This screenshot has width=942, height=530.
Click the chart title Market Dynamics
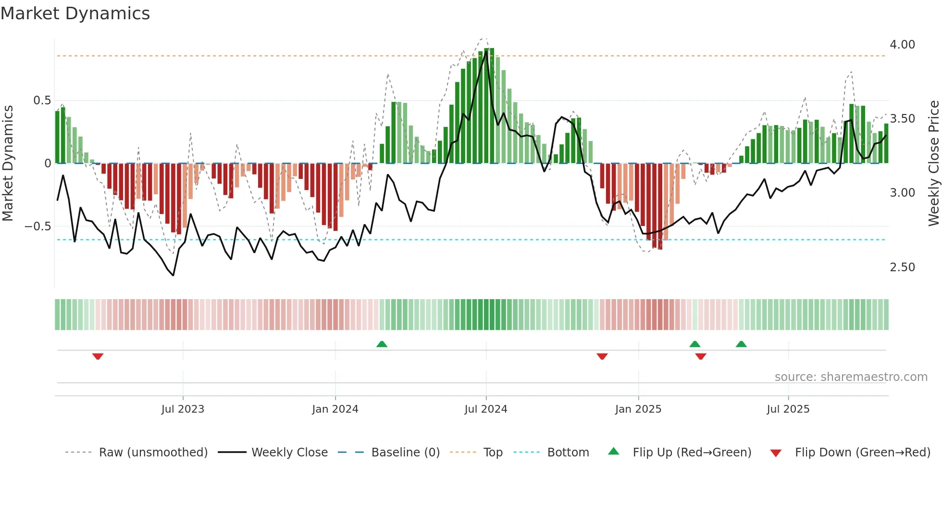[75, 13]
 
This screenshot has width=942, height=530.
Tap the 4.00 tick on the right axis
[902, 45]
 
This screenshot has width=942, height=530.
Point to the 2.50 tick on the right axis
[902, 267]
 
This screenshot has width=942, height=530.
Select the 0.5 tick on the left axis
[42, 101]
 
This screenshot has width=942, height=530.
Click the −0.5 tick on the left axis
[38, 227]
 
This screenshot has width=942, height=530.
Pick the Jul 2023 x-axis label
[183, 409]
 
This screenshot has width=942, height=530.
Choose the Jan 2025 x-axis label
[638, 409]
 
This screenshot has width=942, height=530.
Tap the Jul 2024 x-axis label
[485, 409]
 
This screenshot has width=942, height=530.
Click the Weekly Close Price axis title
[933, 163]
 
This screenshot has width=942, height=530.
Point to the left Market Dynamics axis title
[8, 163]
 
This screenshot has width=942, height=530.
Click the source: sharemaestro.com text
[851, 377]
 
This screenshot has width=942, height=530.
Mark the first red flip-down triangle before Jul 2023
[98, 356]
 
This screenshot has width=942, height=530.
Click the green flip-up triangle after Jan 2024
[382, 344]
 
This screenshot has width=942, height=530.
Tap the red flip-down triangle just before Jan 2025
[602, 356]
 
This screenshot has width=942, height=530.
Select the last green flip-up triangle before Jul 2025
[741, 344]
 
